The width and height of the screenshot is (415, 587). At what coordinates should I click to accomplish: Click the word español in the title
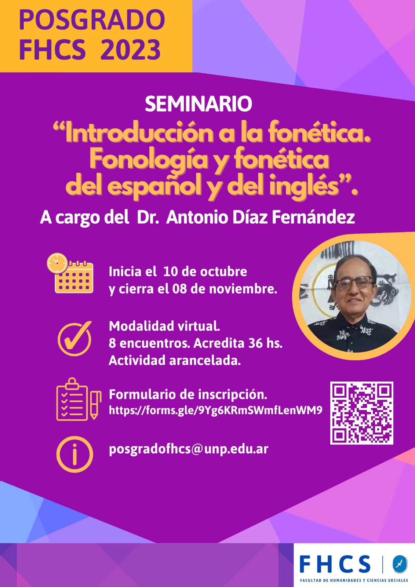click(164, 186)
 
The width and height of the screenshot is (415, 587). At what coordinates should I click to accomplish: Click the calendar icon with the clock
click(70, 273)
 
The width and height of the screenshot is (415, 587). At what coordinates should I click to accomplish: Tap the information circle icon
click(75, 455)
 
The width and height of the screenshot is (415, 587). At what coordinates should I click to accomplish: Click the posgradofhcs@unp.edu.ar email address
click(189, 449)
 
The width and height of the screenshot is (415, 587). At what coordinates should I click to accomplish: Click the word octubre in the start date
click(223, 272)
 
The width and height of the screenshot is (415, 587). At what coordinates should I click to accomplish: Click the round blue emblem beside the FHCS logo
click(400, 564)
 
